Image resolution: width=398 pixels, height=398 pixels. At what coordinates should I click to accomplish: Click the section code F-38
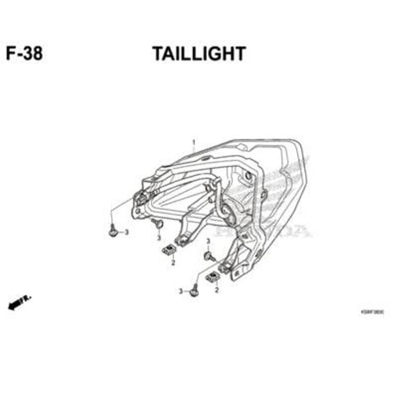coord(24,54)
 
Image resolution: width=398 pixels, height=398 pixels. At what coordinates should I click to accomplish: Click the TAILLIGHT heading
coord(199,54)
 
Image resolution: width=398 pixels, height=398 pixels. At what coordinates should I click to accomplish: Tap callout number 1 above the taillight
coord(194,142)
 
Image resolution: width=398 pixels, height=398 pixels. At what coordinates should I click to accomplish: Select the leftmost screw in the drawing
coord(113,232)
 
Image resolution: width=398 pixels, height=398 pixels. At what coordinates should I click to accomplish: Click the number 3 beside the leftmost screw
coord(126,232)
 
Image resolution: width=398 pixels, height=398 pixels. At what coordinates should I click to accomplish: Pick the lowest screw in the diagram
coord(194,291)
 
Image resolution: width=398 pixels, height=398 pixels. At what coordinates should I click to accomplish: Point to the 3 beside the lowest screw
coord(180,291)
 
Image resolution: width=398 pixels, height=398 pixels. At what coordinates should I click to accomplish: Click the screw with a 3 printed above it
coord(208,256)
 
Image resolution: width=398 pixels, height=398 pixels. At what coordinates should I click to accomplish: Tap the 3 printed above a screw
coord(207,241)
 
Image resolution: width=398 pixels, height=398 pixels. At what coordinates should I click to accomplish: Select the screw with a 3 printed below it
coord(158,224)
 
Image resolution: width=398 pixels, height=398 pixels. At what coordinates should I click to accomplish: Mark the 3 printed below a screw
coord(159,237)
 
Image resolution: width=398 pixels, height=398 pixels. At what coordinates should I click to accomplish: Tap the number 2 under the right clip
coord(217,290)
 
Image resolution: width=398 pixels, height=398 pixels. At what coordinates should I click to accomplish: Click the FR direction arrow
coord(19,303)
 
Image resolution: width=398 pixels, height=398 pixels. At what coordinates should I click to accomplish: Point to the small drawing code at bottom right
coord(373,313)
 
